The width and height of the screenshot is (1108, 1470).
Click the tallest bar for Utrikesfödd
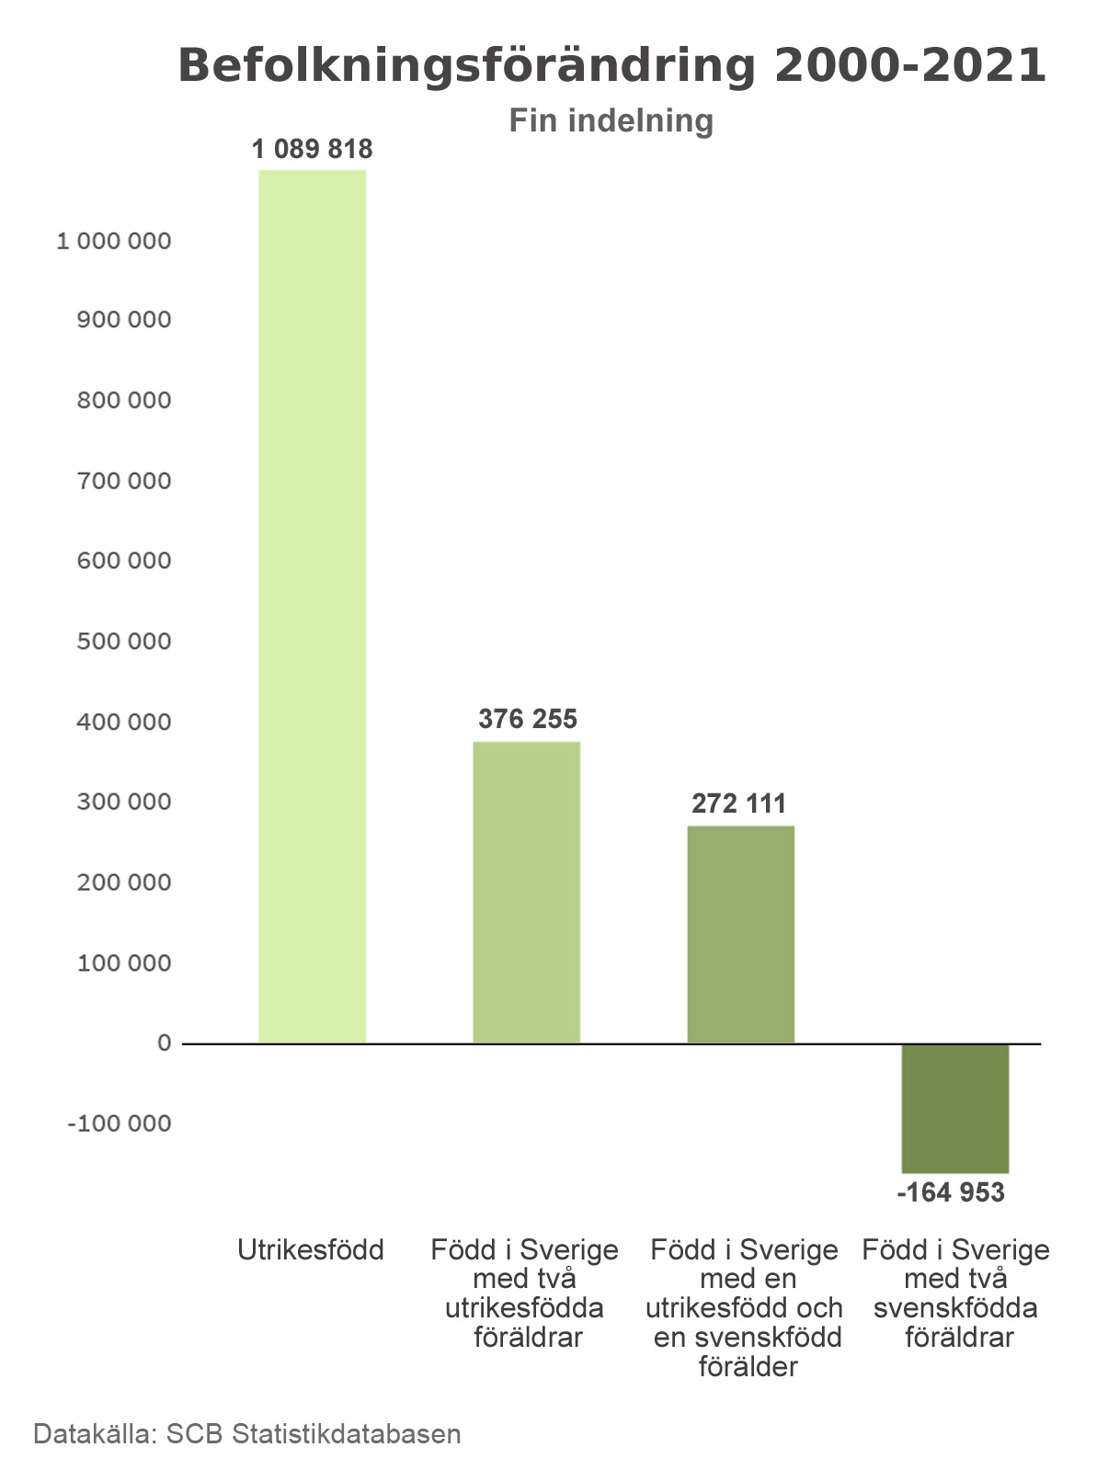coord(312,607)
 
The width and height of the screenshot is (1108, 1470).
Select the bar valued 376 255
coord(526,892)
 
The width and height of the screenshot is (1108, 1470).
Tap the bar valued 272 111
coord(740,934)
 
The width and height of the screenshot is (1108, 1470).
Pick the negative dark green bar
coord(954,1108)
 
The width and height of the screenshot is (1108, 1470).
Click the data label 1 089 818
coord(312,149)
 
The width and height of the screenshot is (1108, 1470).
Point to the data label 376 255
coord(528,719)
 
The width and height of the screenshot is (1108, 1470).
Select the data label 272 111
coord(739,804)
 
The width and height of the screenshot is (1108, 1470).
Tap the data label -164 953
coord(951,1193)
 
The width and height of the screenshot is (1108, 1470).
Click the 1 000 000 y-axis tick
coord(114,241)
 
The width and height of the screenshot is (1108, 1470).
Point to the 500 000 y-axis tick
coord(124,642)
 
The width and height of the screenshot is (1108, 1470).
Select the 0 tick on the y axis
coord(164,1043)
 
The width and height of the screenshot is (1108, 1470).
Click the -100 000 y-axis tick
coord(120,1123)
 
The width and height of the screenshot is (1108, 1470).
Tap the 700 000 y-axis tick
coord(124,481)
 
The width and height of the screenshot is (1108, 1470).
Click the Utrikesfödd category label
coord(311,1250)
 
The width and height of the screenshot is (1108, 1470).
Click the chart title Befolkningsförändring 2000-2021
coord(611,66)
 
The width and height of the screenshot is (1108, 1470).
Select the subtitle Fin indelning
coord(611,120)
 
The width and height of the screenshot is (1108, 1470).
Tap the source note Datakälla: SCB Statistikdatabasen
coord(247,1434)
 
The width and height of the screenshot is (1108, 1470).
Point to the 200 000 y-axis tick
coord(124,883)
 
